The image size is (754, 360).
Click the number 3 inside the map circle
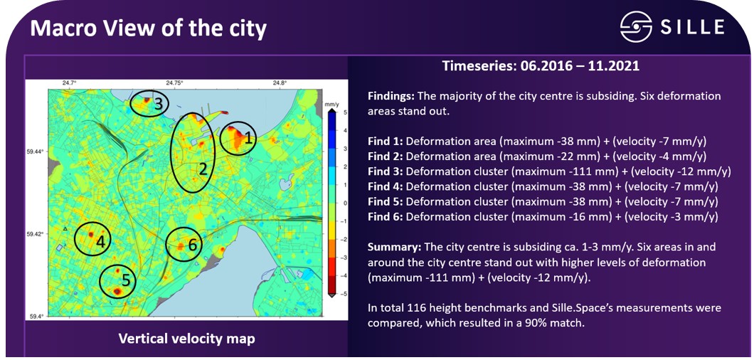[x=158, y=103]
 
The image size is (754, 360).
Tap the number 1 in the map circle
[x=248, y=139]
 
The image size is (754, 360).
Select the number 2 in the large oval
[x=203, y=169]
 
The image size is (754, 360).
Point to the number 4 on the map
[x=100, y=242]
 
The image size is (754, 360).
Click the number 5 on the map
[x=125, y=280]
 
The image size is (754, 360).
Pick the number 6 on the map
[x=192, y=245]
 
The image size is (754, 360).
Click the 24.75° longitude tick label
[x=174, y=83]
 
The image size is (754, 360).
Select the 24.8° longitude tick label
[x=280, y=83]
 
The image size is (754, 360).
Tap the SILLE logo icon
[x=636, y=26]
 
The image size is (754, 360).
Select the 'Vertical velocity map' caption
[x=186, y=339]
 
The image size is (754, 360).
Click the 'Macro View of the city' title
[x=148, y=29]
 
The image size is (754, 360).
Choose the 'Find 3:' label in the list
[x=386, y=171]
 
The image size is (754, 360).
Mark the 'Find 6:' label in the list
[x=386, y=217]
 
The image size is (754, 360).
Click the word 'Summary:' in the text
[x=394, y=248]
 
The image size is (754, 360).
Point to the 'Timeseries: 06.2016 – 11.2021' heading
[x=541, y=66]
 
